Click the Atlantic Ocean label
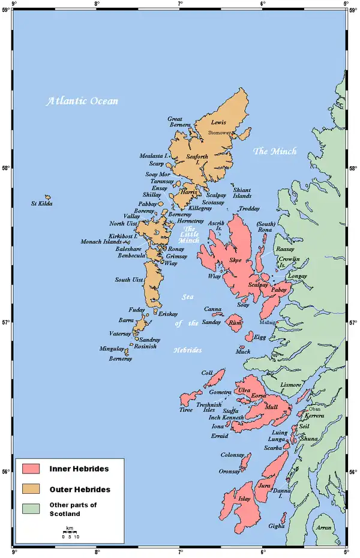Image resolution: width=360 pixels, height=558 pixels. coord(82,101)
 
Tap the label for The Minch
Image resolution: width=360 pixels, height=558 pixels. coord(275,151)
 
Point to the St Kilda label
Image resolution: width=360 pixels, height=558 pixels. coord(42,204)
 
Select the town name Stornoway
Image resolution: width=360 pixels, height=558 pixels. coord(219,132)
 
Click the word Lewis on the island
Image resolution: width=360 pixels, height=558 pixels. coord(218,122)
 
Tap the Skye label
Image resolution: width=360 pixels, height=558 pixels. coord(236,260)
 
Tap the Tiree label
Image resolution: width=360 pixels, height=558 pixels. coord(186,410)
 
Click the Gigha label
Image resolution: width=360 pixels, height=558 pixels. coord(277,526)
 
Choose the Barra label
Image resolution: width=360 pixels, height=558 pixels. coord(126,320)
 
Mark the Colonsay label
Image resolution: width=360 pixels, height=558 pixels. coord(233,455)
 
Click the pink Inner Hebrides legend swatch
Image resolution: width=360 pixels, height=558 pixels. coord(31,467)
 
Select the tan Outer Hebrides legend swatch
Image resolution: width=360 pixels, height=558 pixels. coord(31,488)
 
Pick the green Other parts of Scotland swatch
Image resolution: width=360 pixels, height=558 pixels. coord(31,509)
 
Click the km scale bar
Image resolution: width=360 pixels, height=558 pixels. coord(70,533)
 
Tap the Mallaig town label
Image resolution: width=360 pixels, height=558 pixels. coord(268,322)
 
